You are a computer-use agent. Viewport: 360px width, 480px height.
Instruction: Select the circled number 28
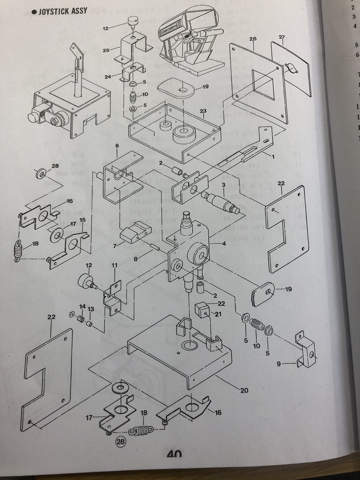click(x=119, y=442)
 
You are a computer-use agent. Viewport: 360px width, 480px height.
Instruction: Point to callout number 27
click(x=282, y=37)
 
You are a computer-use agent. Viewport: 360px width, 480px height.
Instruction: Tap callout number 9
click(x=278, y=364)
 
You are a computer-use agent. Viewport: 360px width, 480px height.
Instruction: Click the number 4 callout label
click(x=225, y=243)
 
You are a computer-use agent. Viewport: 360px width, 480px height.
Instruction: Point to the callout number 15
click(x=83, y=220)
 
